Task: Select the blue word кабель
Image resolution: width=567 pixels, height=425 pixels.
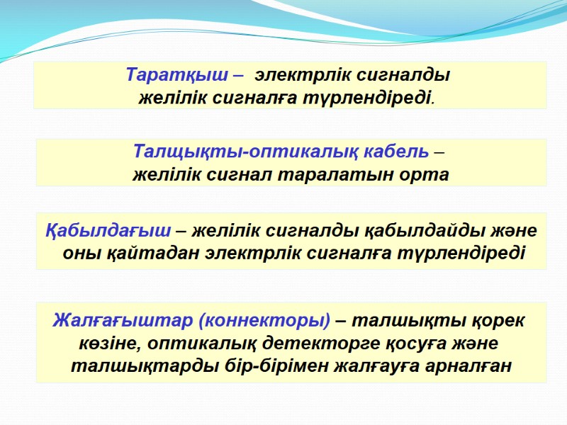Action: coord(393,152)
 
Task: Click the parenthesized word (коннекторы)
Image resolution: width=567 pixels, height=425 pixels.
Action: coord(264,320)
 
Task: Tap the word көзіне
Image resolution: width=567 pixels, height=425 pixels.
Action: coord(107,344)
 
